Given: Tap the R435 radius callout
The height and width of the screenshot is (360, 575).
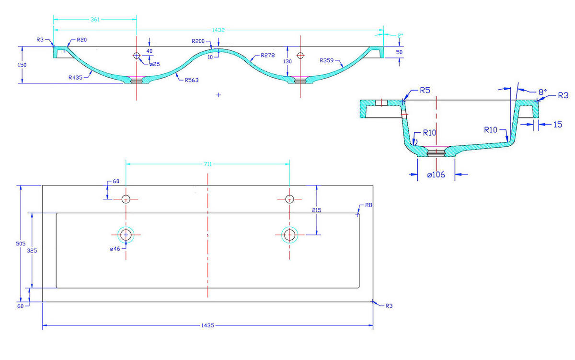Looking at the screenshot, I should click(75, 77).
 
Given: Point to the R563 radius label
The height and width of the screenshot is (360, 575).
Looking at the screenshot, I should click(191, 80).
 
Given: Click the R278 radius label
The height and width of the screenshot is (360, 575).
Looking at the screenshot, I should click(268, 56).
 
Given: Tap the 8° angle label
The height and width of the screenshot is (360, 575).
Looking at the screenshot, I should click(542, 91).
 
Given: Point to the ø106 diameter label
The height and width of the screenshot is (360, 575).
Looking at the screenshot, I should click(436, 175).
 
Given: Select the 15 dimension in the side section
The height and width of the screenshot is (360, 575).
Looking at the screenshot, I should click(558, 125).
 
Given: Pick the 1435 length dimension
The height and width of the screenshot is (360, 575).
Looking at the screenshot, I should click(207, 325).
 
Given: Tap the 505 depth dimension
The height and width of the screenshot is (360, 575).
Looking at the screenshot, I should click(17, 244).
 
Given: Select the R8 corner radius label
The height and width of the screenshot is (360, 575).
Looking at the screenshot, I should click(368, 205).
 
